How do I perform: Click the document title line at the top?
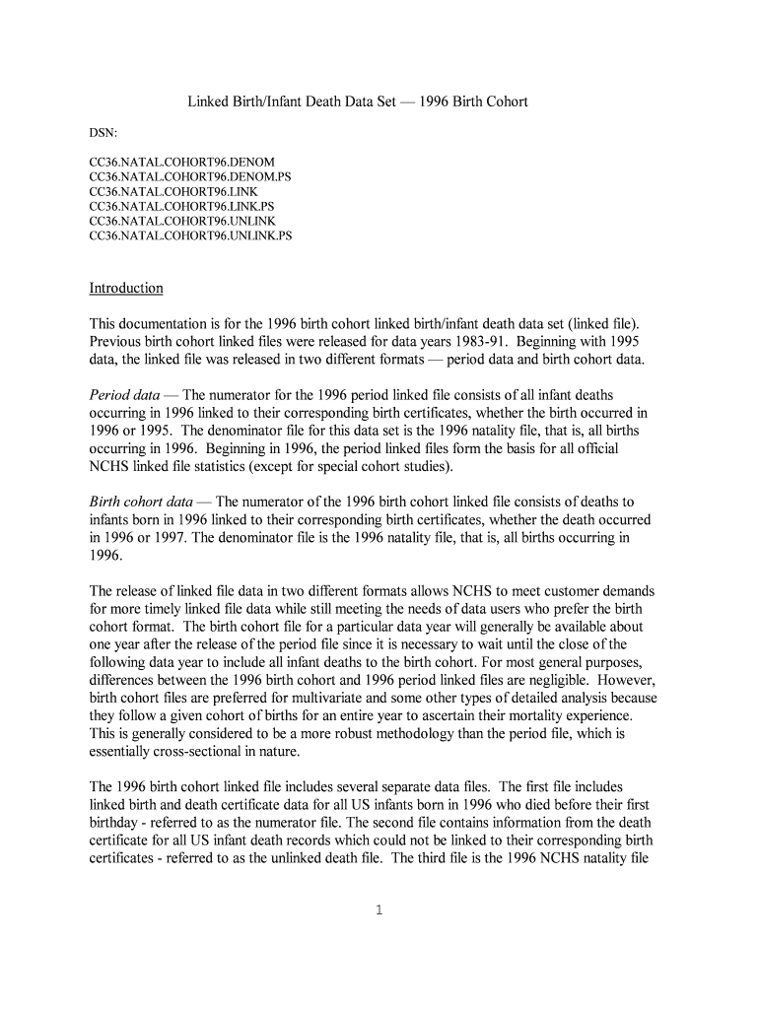[358, 102]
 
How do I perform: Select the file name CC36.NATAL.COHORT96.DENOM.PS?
[190, 175]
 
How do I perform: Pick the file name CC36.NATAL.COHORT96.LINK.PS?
[181, 206]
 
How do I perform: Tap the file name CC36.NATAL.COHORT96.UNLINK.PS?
[190, 236]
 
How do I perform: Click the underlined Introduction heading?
[126, 288]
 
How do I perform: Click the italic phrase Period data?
[125, 394]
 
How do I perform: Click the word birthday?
[117, 822]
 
